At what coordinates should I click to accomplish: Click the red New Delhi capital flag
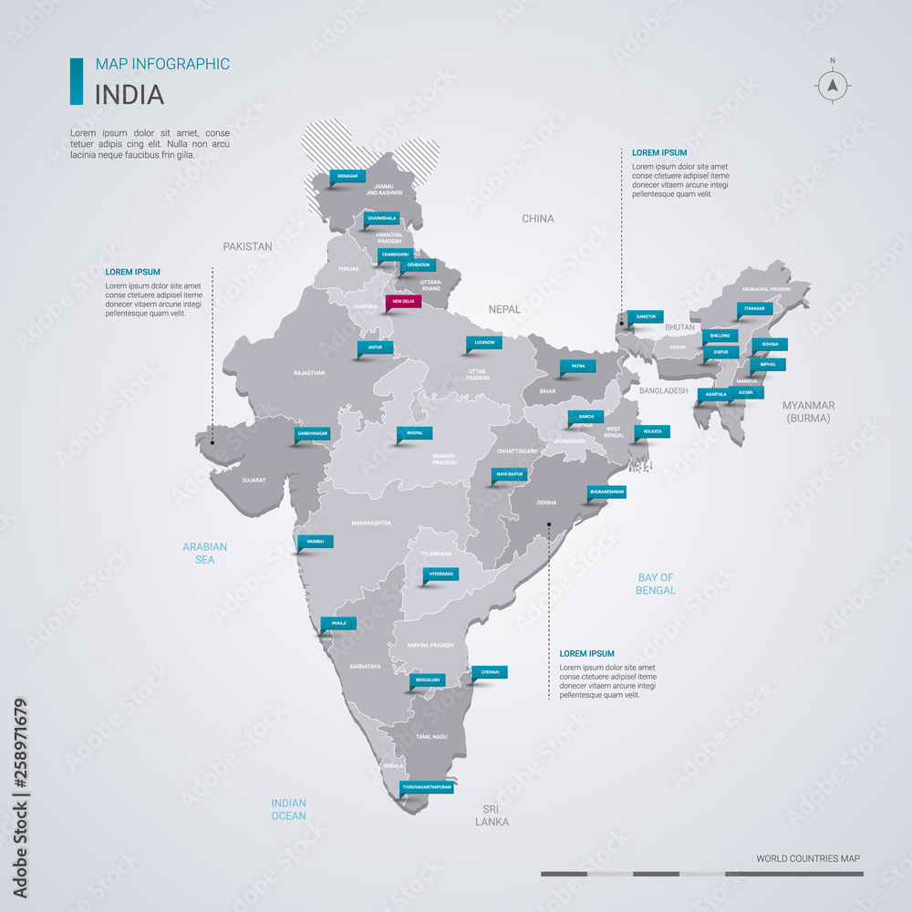point(401,301)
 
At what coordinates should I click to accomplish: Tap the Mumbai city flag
point(316,542)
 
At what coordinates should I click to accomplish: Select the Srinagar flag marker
point(347,175)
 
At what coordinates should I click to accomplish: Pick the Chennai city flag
point(490,672)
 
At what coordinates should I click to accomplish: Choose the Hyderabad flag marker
point(440,574)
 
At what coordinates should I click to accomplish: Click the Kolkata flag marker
point(652,430)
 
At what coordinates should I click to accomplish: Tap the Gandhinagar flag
point(312,434)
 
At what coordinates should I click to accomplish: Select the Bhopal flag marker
point(414,433)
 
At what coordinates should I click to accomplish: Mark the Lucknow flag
point(484,343)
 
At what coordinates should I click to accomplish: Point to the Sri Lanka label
point(492,815)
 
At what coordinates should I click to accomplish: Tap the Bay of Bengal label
point(656,584)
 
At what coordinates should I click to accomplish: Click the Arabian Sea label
point(204,553)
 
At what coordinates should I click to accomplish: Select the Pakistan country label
point(248,246)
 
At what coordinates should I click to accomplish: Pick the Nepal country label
point(504,309)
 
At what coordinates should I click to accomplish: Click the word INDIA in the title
point(130,94)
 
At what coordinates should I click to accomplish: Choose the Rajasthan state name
point(309,373)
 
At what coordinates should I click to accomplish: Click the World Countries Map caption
point(807,858)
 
